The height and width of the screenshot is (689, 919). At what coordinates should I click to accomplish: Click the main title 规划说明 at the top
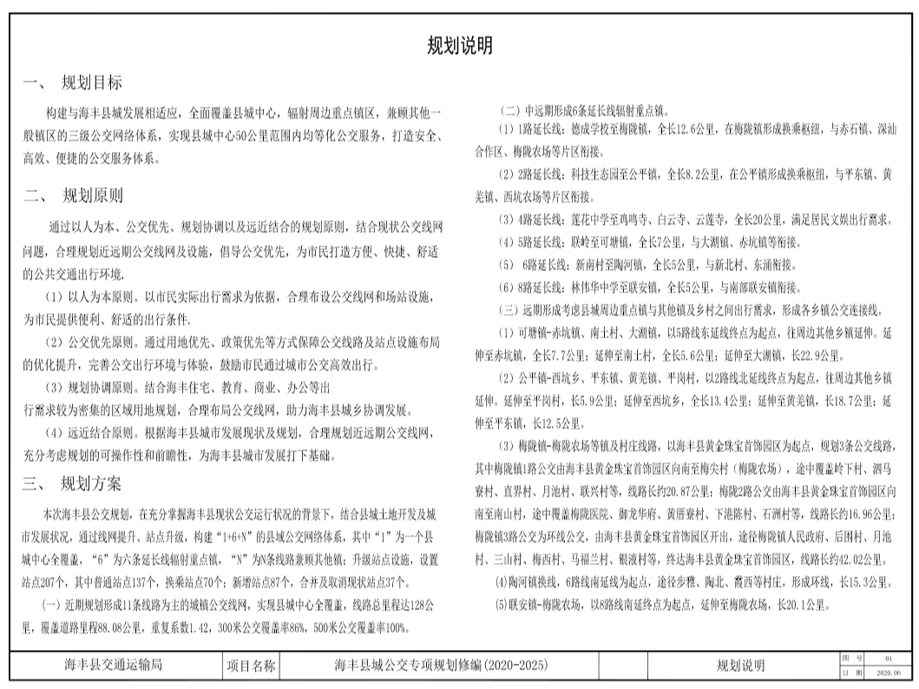tap(460, 45)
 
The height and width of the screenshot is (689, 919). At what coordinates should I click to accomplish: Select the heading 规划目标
tap(91, 83)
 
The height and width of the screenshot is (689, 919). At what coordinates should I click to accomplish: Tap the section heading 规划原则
tap(92, 195)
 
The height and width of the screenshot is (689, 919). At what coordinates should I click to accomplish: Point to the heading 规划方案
tap(91, 483)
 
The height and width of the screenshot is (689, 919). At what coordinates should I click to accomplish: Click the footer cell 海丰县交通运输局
tap(114, 666)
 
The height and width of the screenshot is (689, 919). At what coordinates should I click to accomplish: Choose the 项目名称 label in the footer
tap(251, 666)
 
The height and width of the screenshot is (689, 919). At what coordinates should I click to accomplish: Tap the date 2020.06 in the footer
tap(889, 673)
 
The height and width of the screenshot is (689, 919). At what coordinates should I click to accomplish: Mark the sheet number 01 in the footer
tap(888, 659)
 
